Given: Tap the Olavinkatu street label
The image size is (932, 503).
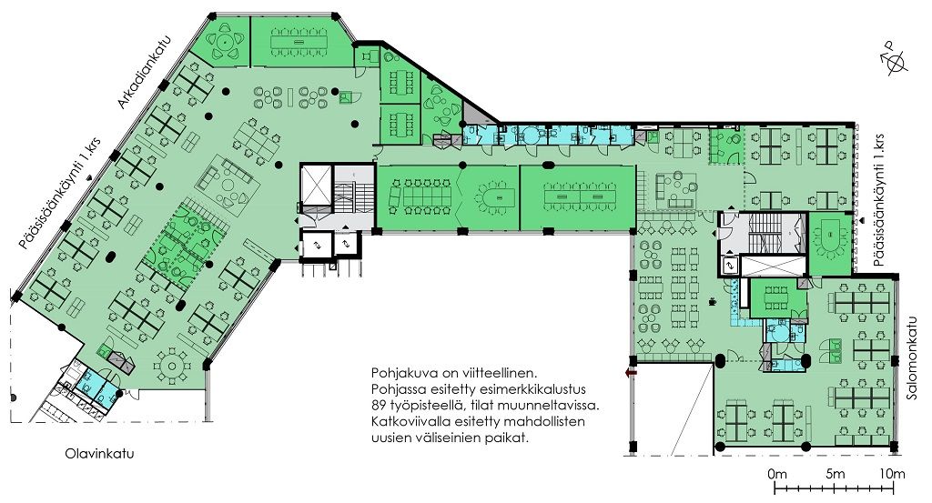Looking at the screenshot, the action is point(99,454).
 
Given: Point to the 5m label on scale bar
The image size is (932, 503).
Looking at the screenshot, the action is point(836,474).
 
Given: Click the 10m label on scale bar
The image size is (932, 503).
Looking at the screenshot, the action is point(893,474).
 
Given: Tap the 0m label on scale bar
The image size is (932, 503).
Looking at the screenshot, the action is point(777,474).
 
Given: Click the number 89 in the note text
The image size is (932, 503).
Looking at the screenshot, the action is point(380,407).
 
